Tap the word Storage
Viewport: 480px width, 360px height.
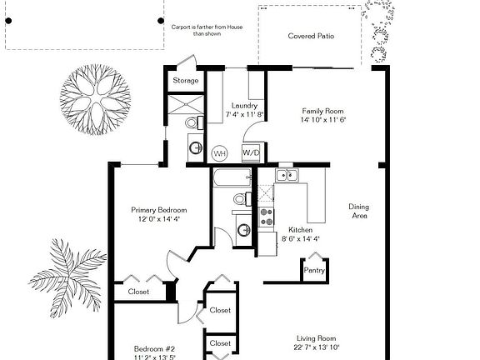click(x=185, y=81)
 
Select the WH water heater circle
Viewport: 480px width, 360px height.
click(x=220, y=153)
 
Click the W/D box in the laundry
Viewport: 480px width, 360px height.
click(x=251, y=153)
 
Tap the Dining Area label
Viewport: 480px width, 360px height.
click(x=359, y=211)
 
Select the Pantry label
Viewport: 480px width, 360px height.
click(x=314, y=270)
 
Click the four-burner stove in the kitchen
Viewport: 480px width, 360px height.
click(x=267, y=217)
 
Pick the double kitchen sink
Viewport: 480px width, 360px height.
click(x=287, y=175)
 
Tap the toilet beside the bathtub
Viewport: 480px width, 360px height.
click(x=240, y=199)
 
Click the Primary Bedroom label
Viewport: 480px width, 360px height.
click(x=159, y=210)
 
